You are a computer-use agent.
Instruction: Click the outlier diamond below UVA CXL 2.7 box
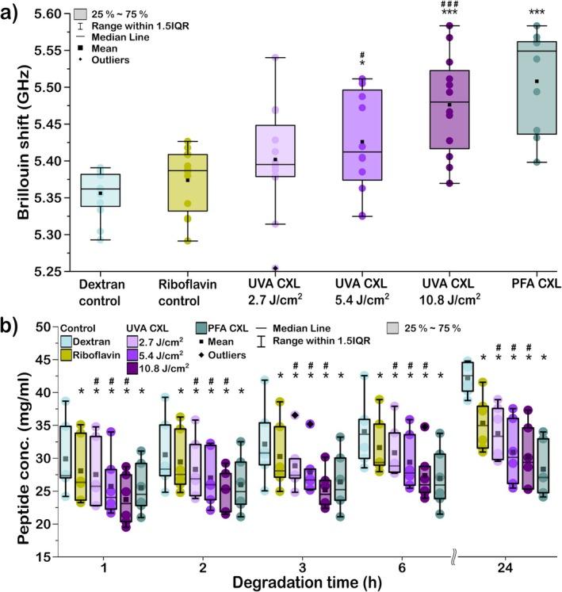[x=275, y=268]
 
